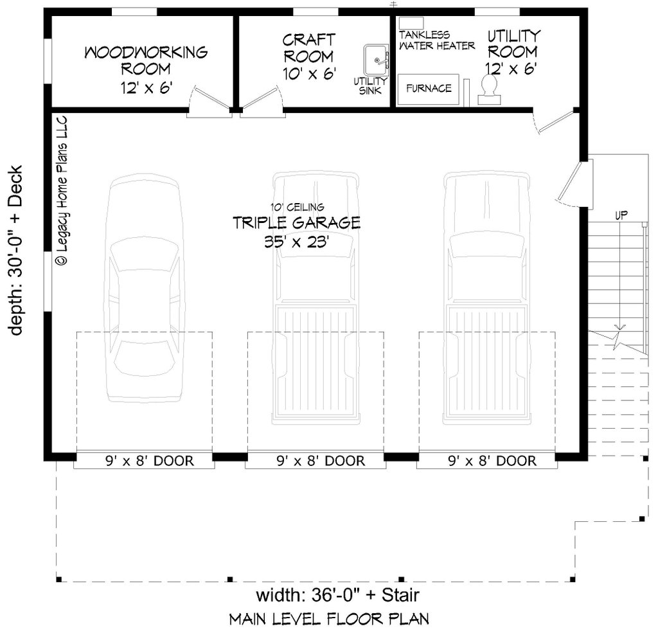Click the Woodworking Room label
click(146, 69)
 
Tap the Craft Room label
click(308, 57)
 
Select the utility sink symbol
click(377, 61)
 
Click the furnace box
click(429, 88)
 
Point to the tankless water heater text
click(436, 40)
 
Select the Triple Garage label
click(296, 232)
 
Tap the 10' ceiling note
click(296, 207)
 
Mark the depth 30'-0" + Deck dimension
click(15, 251)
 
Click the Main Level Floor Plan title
click(329, 619)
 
